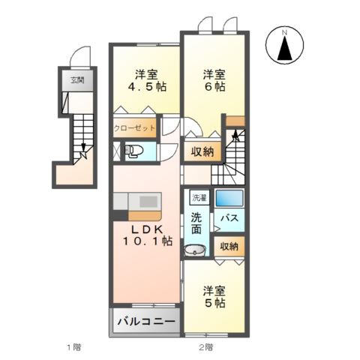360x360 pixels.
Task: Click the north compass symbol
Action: pyautogui.click(x=285, y=47)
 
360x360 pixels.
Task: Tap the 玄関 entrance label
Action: pyautogui.click(x=77, y=80)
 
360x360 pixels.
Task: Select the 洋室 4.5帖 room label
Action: pyautogui.click(x=145, y=80)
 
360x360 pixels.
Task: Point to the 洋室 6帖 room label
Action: pyautogui.click(x=213, y=80)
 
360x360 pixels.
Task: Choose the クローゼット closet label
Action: pyautogui.click(x=135, y=127)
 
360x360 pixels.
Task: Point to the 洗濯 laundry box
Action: pyautogui.click(x=198, y=199)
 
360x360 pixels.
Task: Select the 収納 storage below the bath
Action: pyautogui.click(x=229, y=246)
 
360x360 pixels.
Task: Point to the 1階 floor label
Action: pyautogui.click(x=72, y=347)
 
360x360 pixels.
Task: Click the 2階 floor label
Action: pyautogui.click(x=205, y=347)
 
